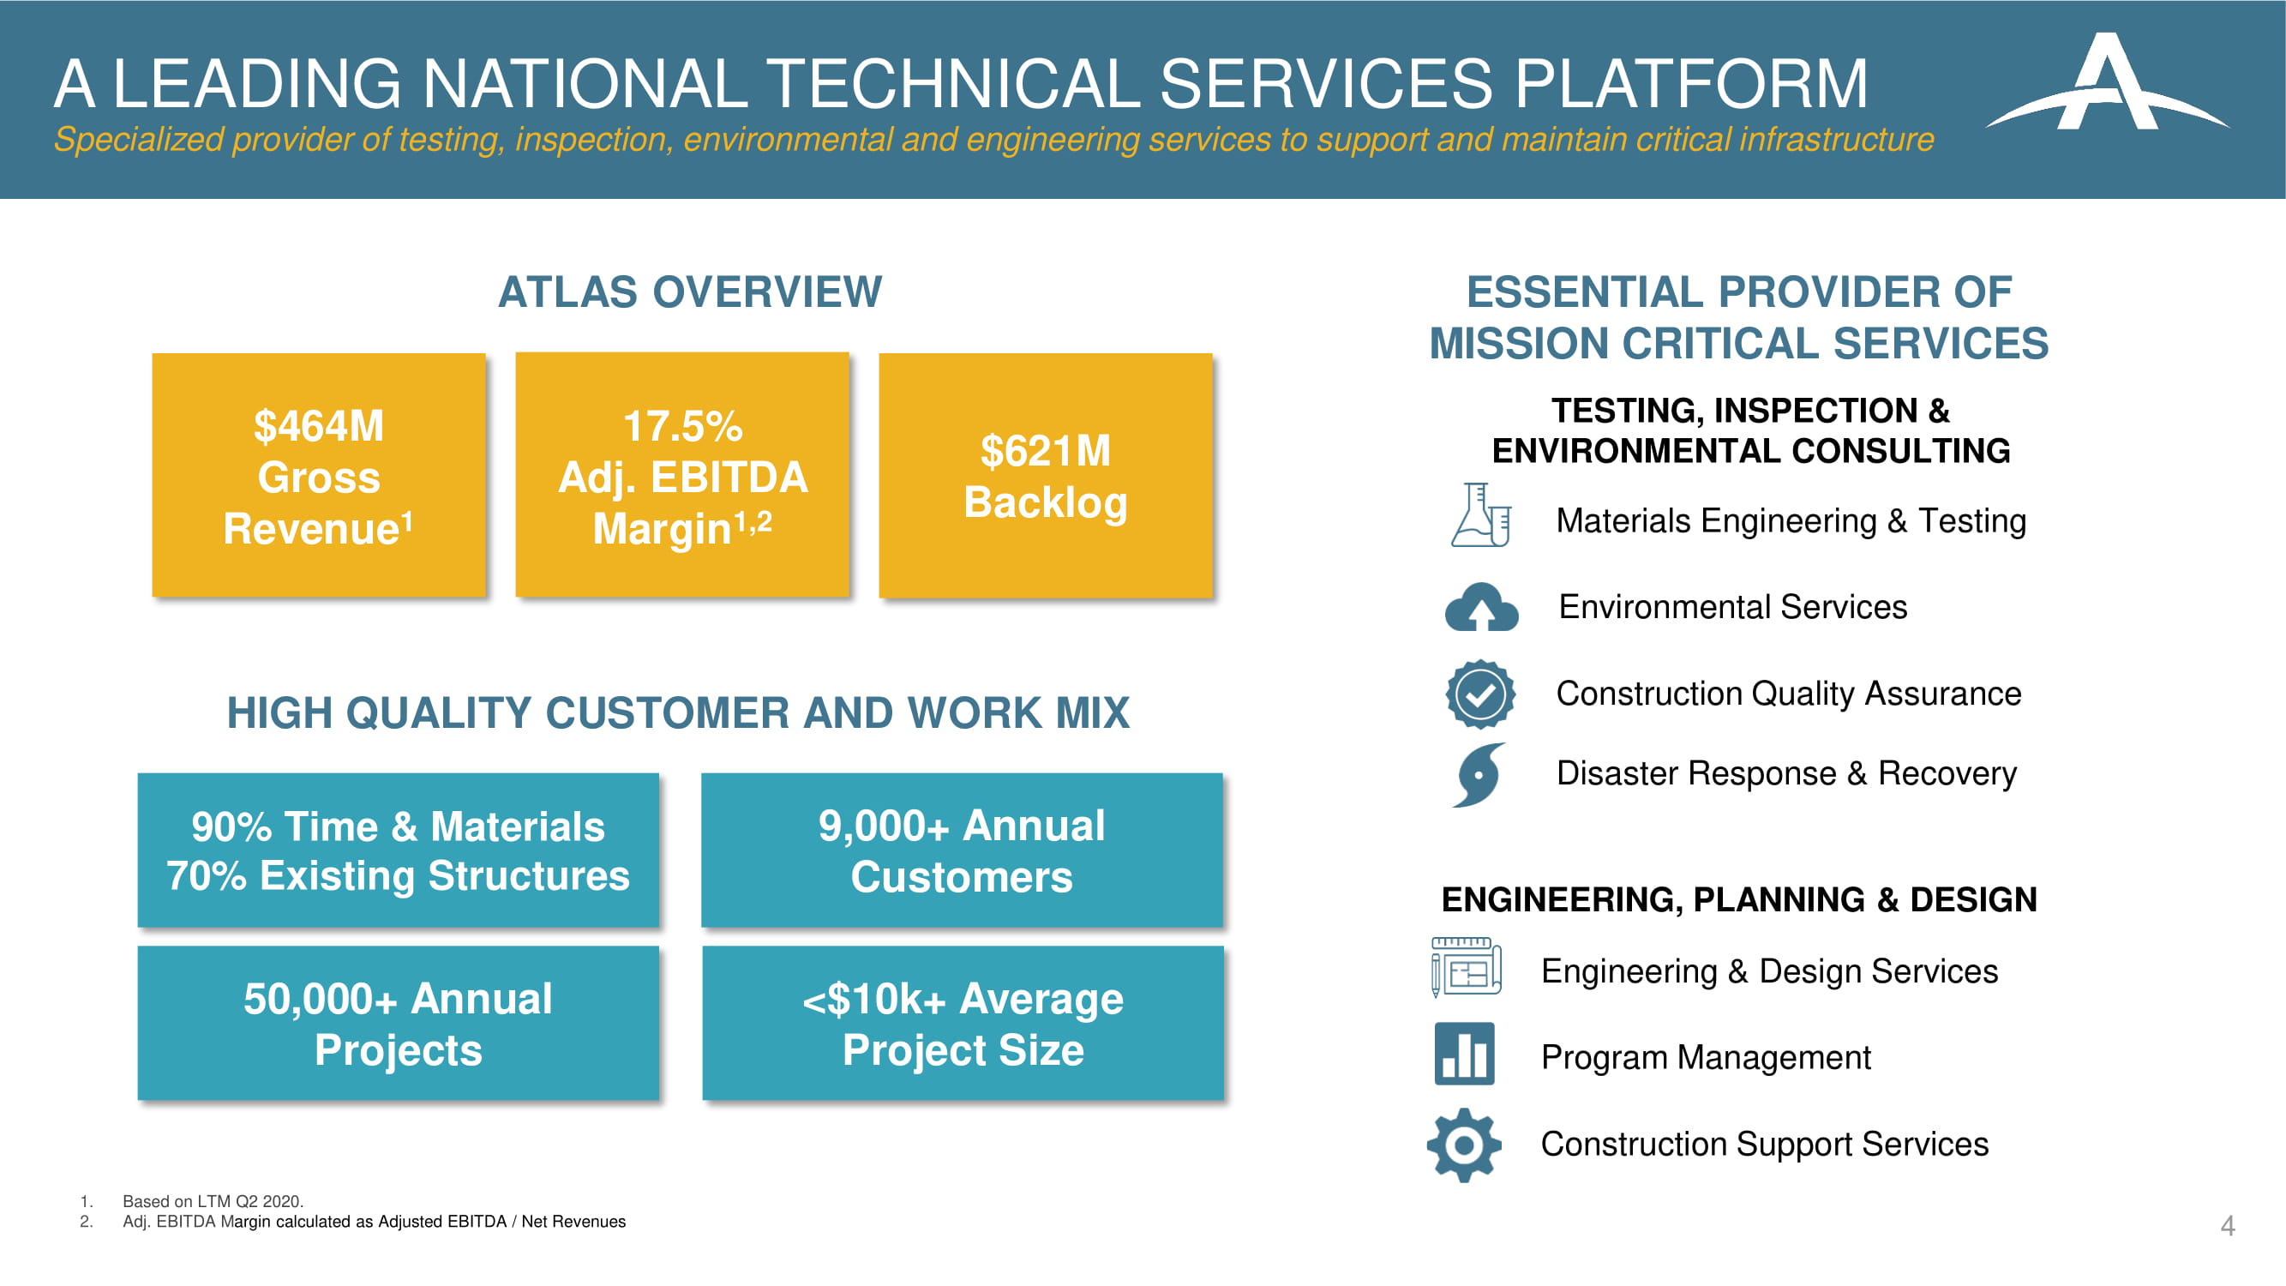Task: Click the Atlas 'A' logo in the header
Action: click(2107, 84)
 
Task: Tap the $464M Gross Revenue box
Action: click(319, 476)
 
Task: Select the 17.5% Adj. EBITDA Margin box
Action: click(682, 475)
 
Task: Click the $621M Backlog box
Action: click(1046, 476)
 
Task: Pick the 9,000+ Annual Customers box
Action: click(962, 850)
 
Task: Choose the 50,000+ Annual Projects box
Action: click(399, 1024)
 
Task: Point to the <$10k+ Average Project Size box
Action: click(963, 1024)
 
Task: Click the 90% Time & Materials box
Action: click(399, 850)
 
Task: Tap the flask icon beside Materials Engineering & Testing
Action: click(1480, 515)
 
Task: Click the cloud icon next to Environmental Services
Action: click(1481, 607)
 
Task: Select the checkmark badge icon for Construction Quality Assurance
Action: click(1480, 694)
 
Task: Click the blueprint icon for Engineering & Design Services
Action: click(1466, 967)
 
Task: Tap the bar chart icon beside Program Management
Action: click(1464, 1055)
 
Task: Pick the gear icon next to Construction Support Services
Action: click(1464, 1145)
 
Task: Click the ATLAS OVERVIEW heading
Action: click(690, 292)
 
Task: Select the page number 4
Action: click(2228, 1226)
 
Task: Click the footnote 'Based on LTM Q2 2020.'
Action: click(213, 1201)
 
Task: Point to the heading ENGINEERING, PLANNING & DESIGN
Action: click(1739, 900)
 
